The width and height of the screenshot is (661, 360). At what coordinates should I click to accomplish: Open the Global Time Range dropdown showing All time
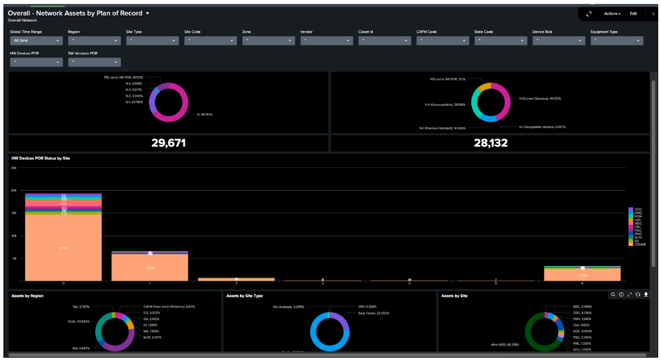pyautogui.click(x=36, y=41)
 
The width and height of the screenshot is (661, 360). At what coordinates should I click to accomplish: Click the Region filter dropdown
pyautogui.click(x=94, y=41)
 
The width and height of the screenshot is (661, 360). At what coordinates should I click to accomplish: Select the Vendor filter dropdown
pyautogui.click(x=326, y=41)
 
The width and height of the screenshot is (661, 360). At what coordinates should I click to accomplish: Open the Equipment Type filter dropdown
pyautogui.click(x=616, y=41)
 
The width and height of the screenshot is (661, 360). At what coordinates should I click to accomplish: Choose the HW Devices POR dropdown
pyautogui.click(x=36, y=62)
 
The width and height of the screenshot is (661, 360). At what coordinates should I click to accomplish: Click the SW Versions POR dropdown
pyautogui.click(x=94, y=62)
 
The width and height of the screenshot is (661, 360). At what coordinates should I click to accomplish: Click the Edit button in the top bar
pyautogui.click(x=633, y=13)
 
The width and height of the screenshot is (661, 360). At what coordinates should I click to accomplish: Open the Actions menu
pyautogui.click(x=612, y=13)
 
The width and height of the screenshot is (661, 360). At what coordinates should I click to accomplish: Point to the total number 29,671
pyautogui.click(x=168, y=143)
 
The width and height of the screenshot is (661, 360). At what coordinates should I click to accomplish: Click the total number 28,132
pyautogui.click(x=490, y=143)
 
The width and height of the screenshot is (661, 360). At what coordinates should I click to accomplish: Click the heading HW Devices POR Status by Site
pyautogui.click(x=40, y=158)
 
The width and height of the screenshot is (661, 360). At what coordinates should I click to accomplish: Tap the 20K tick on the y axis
pyautogui.click(x=14, y=190)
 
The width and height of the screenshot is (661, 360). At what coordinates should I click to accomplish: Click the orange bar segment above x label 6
pyautogui.click(x=583, y=275)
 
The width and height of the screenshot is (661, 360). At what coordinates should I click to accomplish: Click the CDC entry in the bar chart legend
pyautogui.click(x=637, y=209)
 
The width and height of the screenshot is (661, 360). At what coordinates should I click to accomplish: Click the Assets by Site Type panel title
pyautogui.click(x=245, y=296)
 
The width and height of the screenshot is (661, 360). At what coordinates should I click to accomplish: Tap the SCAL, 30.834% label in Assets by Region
pyautogui.click(x=79, y=321)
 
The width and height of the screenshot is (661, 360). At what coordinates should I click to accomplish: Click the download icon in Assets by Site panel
pyautogui.click(x=646, y=294)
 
